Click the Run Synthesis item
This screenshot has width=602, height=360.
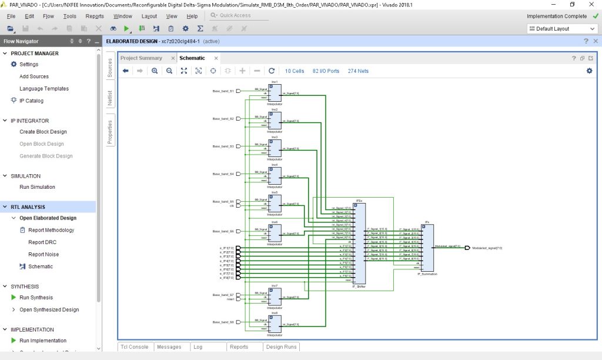point(36,298)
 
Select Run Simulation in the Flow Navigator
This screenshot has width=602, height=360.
point(37,187)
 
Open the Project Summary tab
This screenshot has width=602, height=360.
point(141,58)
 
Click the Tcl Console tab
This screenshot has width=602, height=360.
point(134,347)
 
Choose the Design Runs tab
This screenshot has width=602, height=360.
point(282,347)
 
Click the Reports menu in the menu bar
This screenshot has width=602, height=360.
point(95,16)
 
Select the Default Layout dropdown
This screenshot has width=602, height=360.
point(561,29)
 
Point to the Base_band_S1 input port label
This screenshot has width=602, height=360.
point(223,91)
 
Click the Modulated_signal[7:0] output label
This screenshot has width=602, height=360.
point(487,248)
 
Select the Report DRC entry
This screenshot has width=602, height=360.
point(43,242)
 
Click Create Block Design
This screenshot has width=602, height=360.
point(43,132)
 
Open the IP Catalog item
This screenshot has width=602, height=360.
point(31,101)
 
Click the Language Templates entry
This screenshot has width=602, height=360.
point(44,89)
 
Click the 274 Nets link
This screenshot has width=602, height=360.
point(358,71)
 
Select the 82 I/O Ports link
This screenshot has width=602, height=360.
point(326,71)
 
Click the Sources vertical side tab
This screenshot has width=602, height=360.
point(109,68)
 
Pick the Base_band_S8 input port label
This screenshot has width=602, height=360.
point(223,322)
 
